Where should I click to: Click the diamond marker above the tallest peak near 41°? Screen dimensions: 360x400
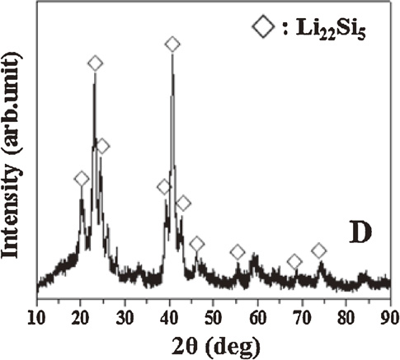click(x=172, y=44)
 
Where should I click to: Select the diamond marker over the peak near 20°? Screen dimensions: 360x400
click(x=81, y=180)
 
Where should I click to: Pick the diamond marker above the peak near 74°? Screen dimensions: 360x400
click(x=319, y=250)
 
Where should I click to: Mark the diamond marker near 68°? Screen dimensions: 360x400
click(x=294, y=262)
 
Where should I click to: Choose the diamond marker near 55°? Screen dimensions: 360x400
click(x=238, y=252)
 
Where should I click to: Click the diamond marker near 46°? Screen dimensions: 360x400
click(x=197, y=243)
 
